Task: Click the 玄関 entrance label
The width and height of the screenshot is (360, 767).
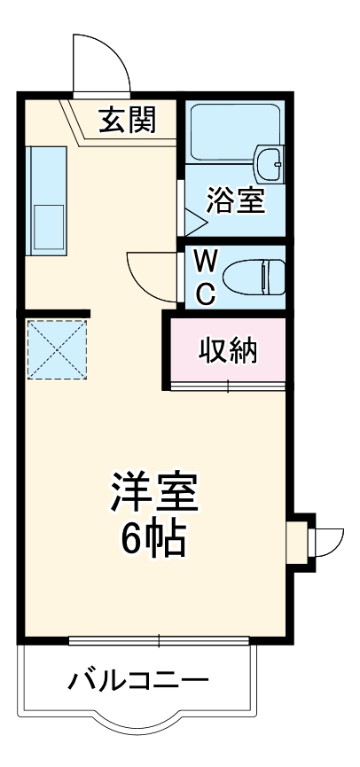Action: coord(127,119)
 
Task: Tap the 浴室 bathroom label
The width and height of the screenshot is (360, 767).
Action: coord(235,200)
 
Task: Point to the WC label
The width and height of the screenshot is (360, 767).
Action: coord(205,276)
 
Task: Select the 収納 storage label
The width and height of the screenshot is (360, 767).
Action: coord(228,351)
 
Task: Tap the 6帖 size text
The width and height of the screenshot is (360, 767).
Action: coord(153,538)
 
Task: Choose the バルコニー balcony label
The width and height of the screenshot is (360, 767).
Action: coord(138,681)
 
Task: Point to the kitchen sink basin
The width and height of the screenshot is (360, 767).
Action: coord(48,227)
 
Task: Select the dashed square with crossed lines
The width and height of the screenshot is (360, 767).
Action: coord(55,348)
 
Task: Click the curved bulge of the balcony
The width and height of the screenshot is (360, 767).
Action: coord(138,729)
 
